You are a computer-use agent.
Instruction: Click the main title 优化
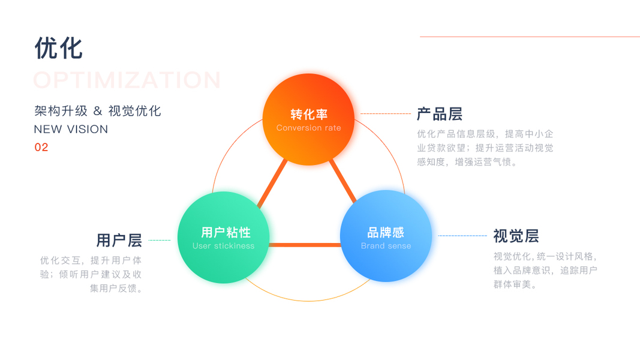58,48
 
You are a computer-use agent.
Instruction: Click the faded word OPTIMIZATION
127,80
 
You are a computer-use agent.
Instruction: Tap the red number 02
41,148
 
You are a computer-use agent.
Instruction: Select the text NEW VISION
71,130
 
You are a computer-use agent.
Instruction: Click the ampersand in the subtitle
98,111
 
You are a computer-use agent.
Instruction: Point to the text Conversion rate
308,128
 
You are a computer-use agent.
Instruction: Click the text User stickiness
223,246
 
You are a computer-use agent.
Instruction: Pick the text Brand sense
386,246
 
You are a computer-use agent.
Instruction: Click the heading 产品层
440,114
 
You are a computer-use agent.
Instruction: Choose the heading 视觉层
516,236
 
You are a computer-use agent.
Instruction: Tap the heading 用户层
119,241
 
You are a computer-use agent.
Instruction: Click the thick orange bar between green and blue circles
305,245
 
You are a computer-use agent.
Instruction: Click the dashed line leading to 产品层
385,113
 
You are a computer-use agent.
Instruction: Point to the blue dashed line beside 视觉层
462,236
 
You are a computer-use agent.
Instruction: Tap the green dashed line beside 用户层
159,241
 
